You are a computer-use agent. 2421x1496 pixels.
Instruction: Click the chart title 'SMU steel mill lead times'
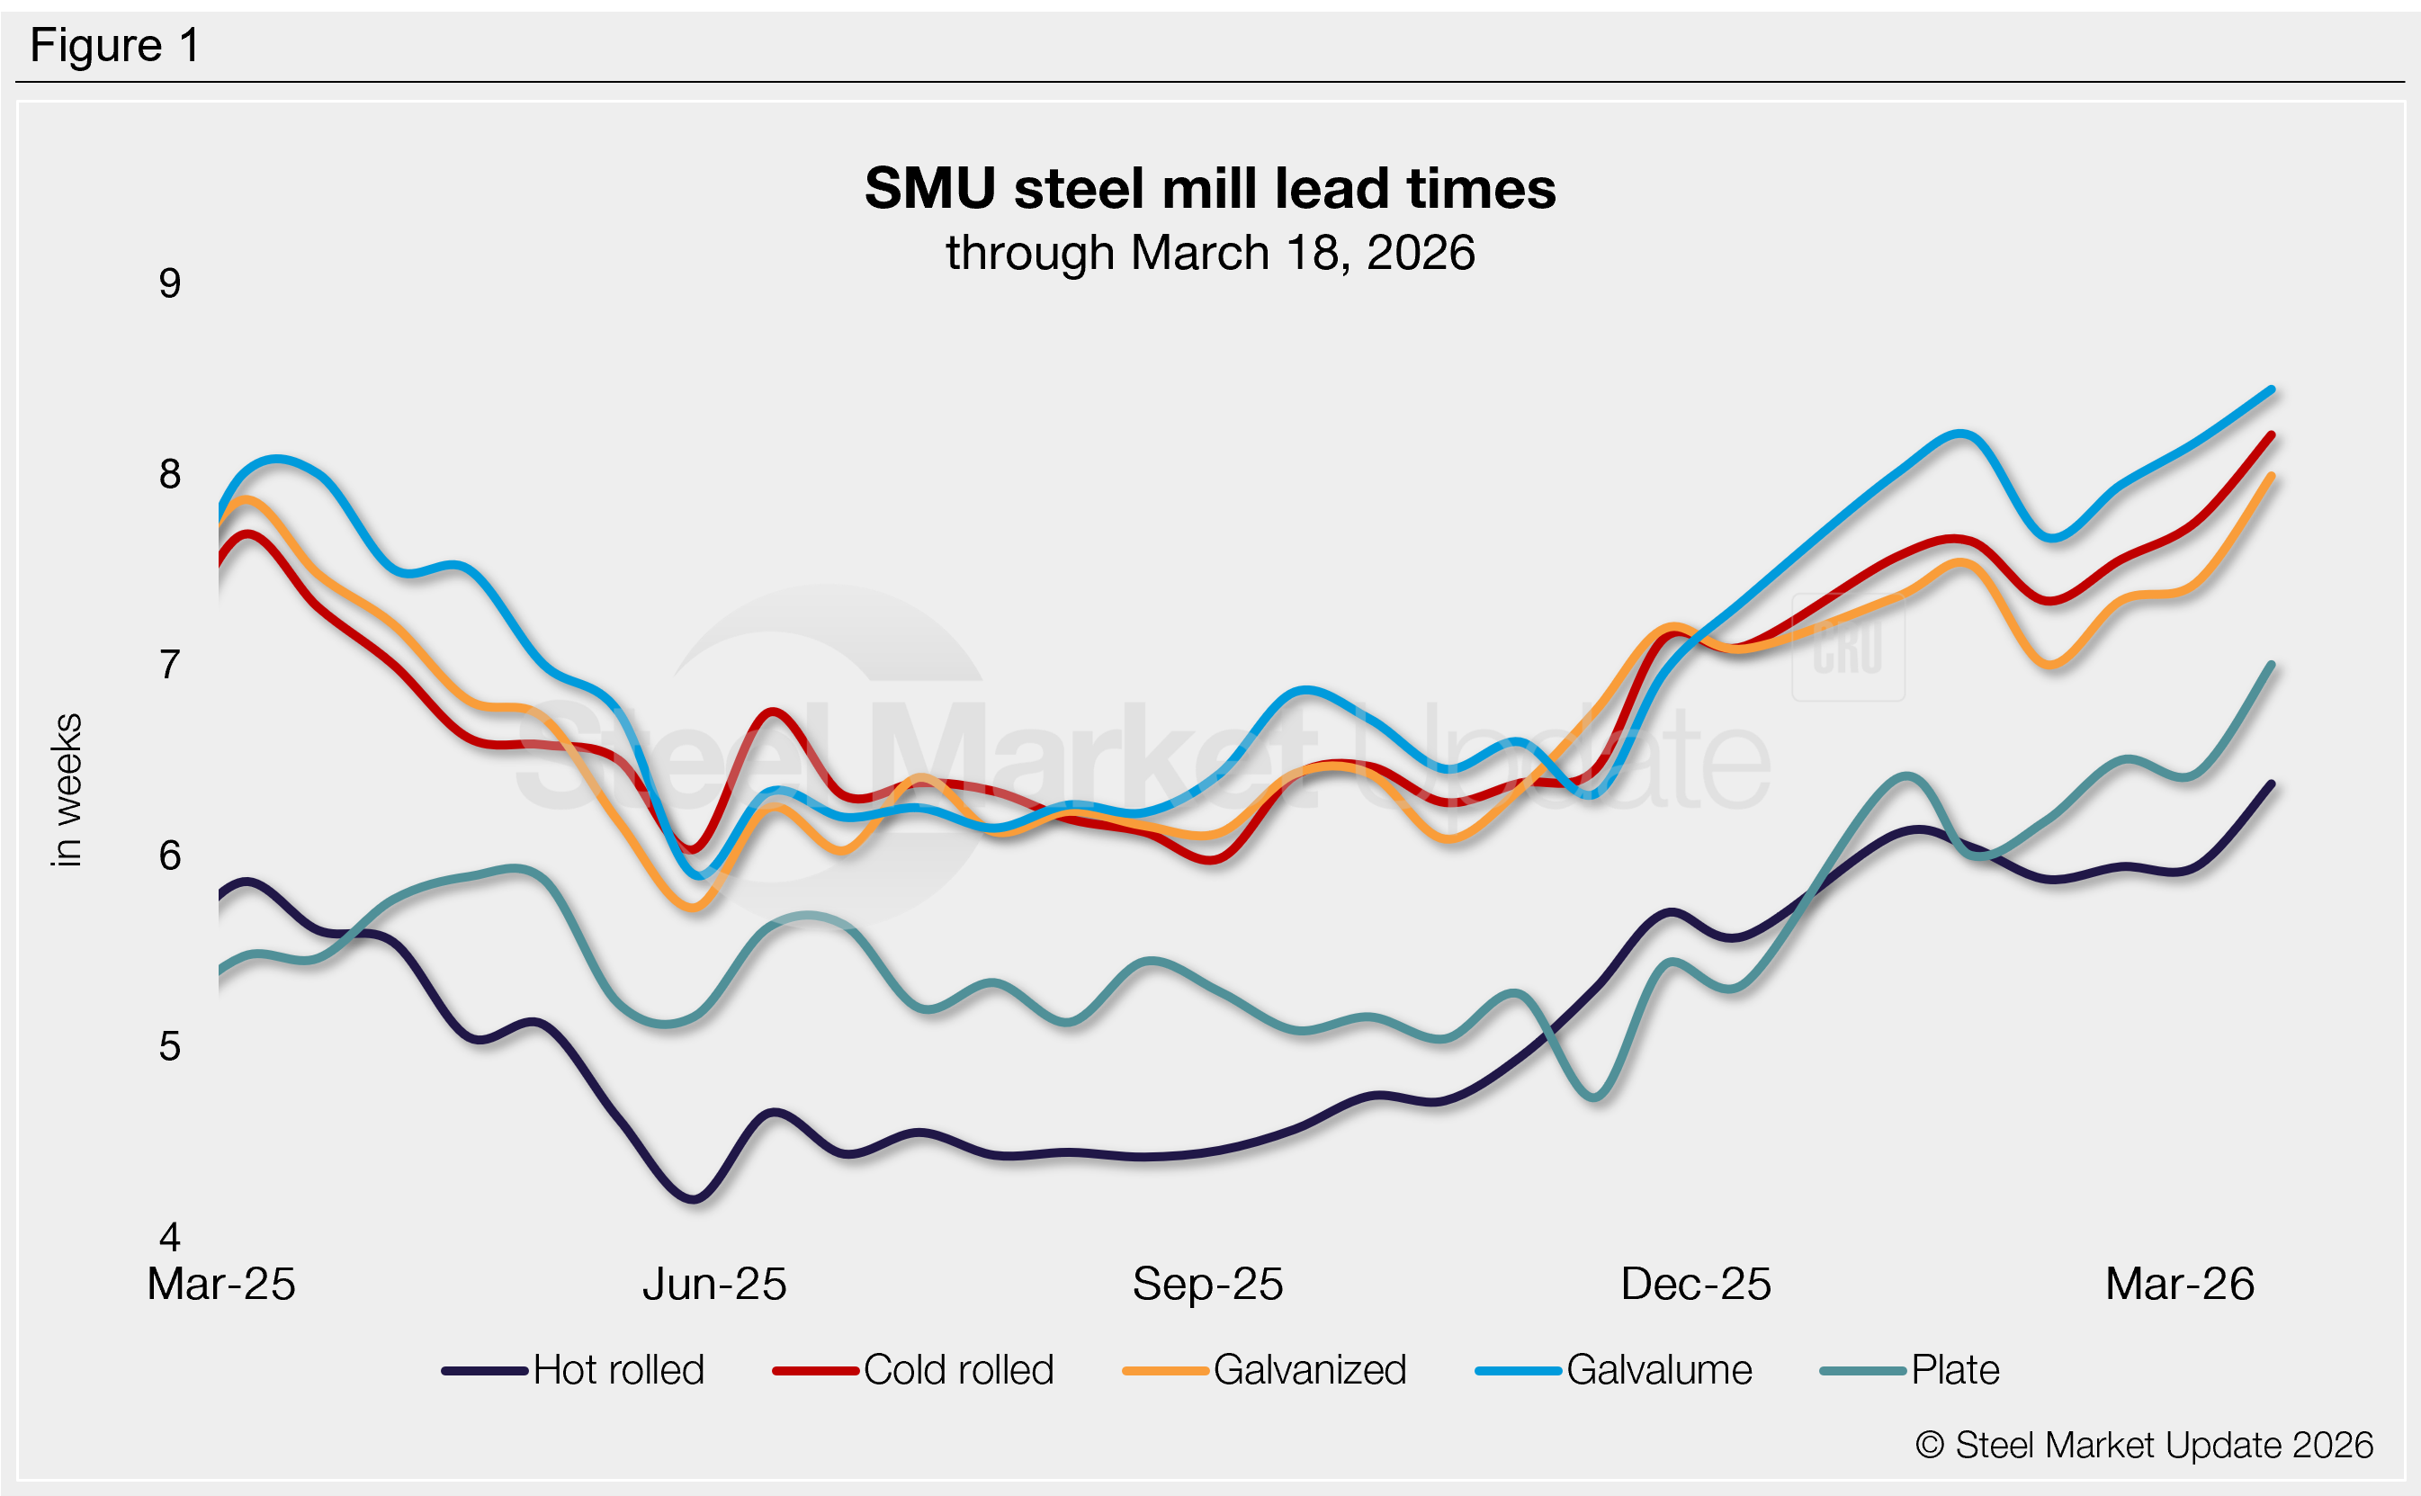pos(1209,188)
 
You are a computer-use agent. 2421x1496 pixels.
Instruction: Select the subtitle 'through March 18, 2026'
pos(1209,254)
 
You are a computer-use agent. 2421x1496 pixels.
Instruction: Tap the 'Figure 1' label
pos(115,46)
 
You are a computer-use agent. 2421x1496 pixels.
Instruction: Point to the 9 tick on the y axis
pos(170,285)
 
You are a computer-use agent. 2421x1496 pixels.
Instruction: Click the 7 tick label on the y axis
pos(170,665)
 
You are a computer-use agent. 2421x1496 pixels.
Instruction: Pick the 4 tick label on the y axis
pos(170,1237)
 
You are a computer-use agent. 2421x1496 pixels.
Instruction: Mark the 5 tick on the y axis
pos(170,1047)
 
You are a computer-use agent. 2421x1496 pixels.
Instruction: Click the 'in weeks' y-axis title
pos(67,790)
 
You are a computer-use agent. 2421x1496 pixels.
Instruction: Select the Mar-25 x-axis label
pos(221,1285)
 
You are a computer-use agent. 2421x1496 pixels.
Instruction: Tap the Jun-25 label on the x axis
pos(714,1285)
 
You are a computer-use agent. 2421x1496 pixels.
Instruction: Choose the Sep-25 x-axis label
pos(1207,1285)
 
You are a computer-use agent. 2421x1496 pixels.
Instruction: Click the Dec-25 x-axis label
pos(1695,1285)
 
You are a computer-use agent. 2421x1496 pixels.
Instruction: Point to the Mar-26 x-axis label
pos(2180,1285)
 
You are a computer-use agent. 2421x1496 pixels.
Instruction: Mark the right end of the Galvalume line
pos(2272,390)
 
